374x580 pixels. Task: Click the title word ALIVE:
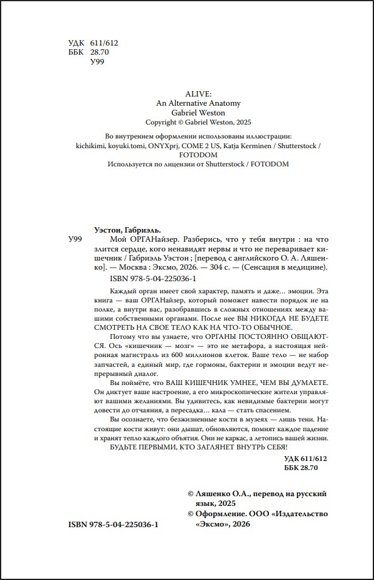pos(186,95)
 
